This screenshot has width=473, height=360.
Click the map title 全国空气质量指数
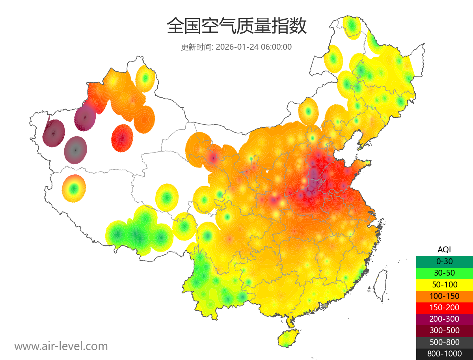(236, 26)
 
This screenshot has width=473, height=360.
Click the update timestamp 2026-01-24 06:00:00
(254, 47)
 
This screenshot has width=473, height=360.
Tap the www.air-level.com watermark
(61, 346)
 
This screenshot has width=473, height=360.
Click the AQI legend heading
(444, 249)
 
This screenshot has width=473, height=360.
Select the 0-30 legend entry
(444, 261)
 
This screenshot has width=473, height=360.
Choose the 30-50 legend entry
(444, 272)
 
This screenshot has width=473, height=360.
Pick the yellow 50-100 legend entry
(444, 284)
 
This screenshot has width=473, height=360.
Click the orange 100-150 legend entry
(444, 296)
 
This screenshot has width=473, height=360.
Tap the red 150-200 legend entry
(444, 307)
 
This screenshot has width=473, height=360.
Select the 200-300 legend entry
(444, 319)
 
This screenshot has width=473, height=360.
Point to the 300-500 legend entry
(444, 330)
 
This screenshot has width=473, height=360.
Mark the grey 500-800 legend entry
(444, 342)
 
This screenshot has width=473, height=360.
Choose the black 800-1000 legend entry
(444, 354)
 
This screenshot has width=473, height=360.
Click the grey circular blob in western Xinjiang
(75, 150)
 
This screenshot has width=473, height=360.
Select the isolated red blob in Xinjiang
(123, 138)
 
